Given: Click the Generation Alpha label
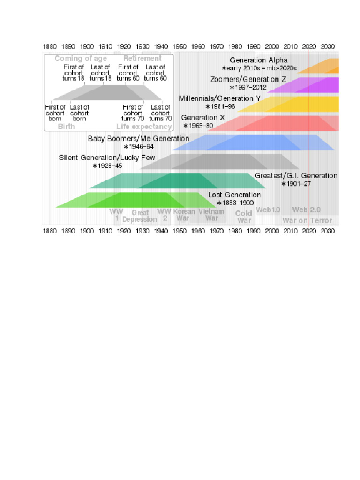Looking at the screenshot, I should tap(255, 60).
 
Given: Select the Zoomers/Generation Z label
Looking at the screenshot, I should tap(248, 79).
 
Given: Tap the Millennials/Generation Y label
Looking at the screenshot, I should tap(219, 98).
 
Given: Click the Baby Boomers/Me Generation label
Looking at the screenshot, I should tap(138, 139).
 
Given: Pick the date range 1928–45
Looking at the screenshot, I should tap(107, 166).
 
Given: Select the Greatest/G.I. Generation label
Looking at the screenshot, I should tap(296, 176).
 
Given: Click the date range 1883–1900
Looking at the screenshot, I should tap(235, 203).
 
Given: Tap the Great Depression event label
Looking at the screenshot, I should tap(140, 216).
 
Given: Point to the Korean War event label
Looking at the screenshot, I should tap(184, 215).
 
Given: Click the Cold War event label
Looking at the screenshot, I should tap(244, 217).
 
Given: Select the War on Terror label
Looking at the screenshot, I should tap(307, 220).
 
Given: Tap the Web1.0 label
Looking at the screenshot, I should tap(268, 210).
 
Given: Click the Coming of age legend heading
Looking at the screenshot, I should tap(81, 59).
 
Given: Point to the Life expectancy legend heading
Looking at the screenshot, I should tap(144, 127).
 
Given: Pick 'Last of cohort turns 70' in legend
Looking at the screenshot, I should tap(160, 113).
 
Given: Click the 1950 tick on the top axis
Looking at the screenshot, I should tap(180, 46).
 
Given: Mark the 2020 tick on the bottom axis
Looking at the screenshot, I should tap(309, 231).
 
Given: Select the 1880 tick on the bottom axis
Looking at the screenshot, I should tap(50, 231).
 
